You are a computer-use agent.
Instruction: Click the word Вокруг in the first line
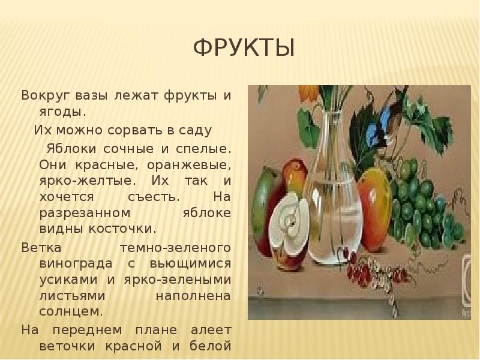[44, 95]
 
